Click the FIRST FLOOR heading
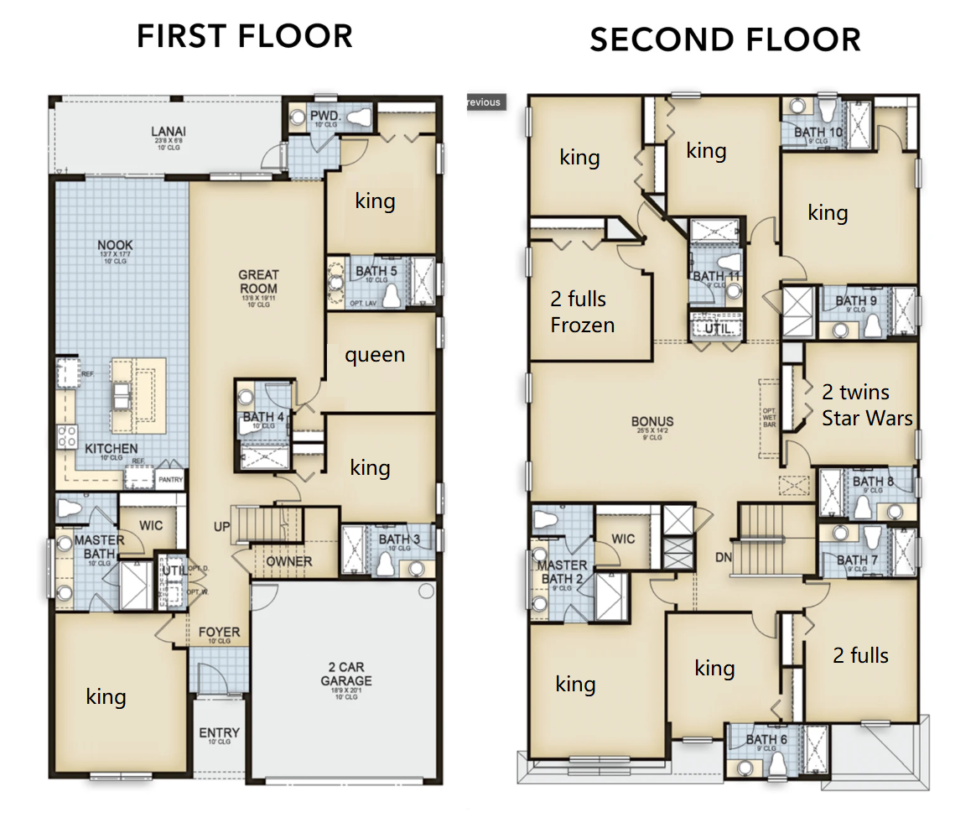(x=245, y=36)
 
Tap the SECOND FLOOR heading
(x=724, y=39)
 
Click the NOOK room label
(x=116, y=245)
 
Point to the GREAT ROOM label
(x=258, y=282)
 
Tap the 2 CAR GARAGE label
(x=345, y=675)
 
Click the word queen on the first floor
(x=375, y=355)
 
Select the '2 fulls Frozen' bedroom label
(x=583, y=312)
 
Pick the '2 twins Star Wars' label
(x=866, y=404)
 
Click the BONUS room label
(x=653, y=421)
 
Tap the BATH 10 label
(x=818, y=132)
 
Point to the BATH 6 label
(x=766, y=739)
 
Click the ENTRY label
(x=219, y=732)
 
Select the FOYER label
(x=219, y=632)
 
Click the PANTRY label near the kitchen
(x=170, y=480)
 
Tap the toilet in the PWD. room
(x=358, y=117)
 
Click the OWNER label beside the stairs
(x=288, y=561)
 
